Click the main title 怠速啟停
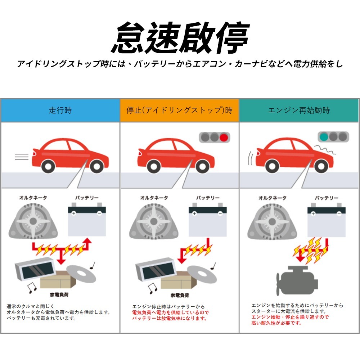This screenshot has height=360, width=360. coord(180,38)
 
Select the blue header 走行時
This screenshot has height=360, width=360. coord(60,111)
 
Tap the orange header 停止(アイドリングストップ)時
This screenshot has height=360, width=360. coord(179,111)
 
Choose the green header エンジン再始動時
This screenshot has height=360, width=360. coord(299,111)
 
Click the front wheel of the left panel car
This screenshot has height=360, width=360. coord(96,166)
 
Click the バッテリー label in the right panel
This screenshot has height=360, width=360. coord(327,198)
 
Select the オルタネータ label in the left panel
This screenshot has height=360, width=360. coord(33,198)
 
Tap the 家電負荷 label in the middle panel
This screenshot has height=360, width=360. coord(180,296)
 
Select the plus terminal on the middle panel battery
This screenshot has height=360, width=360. coord(194,213)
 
